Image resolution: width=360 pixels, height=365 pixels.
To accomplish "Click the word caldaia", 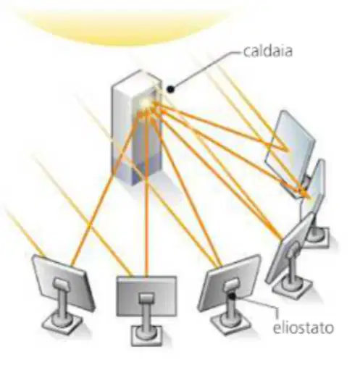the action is (267, 51).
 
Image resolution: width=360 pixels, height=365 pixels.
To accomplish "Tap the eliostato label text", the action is (303, 327).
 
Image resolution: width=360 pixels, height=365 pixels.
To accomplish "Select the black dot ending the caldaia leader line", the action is (170, 89).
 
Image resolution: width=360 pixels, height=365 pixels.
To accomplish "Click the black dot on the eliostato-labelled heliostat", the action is (232, 295).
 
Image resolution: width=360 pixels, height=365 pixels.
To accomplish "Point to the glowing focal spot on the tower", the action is (146, 104).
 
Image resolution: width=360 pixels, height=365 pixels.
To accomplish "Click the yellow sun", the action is (123, 24).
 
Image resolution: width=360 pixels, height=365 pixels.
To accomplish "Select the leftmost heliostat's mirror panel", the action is (63, 283).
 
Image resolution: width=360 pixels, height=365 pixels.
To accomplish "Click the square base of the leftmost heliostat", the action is (62, 323).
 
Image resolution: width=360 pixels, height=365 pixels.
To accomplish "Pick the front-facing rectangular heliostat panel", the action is (146, 296).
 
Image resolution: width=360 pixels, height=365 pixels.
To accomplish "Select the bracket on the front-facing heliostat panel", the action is (146, 298).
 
